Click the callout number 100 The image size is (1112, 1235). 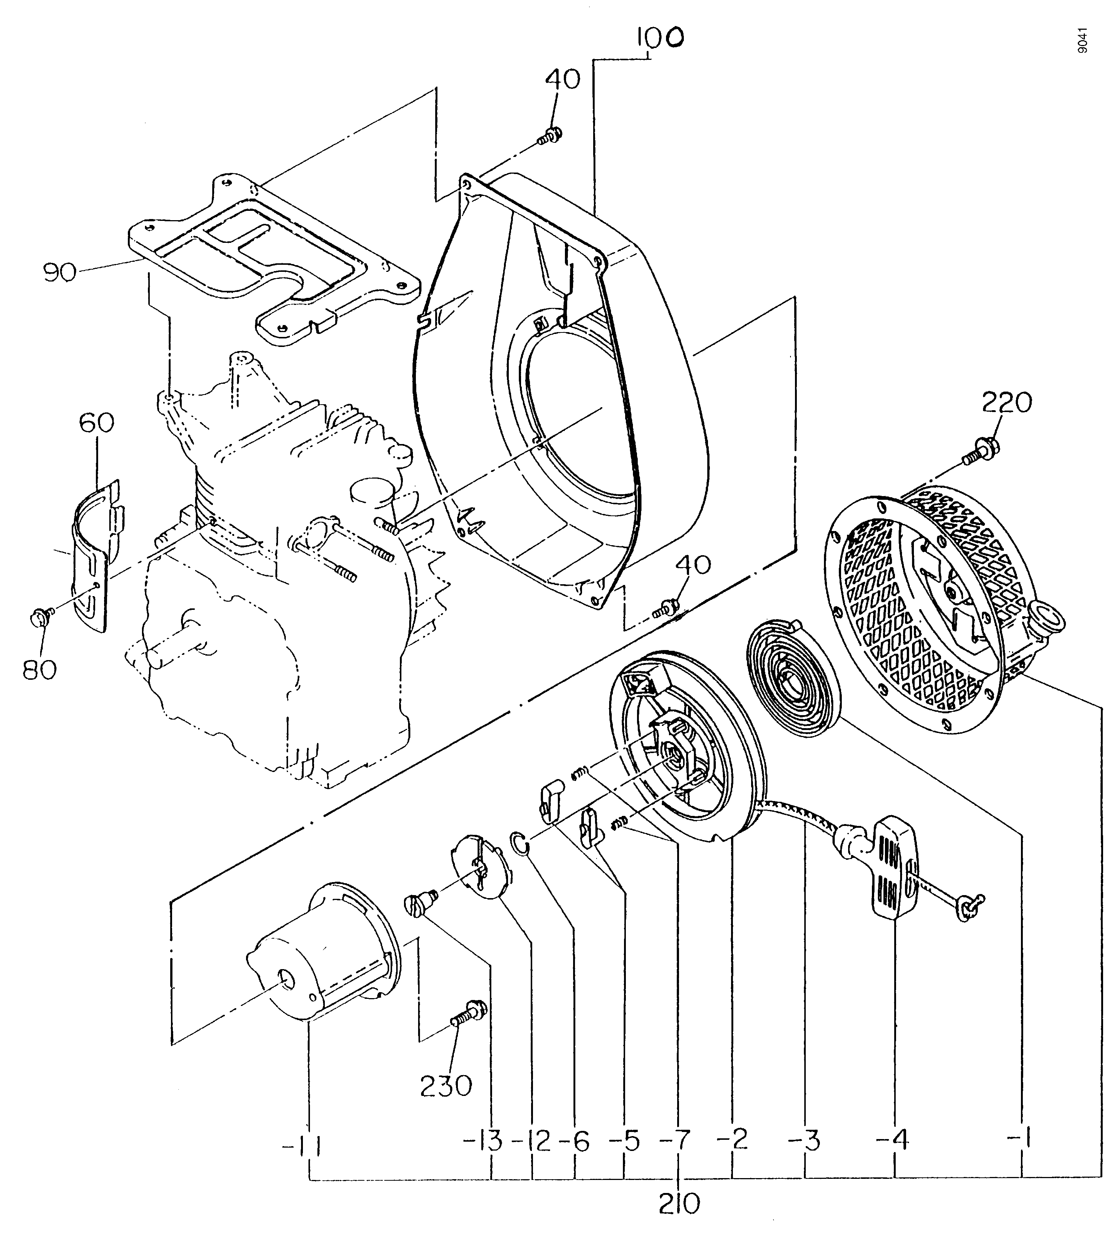tap(659, 38)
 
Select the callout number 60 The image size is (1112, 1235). tap(97, 422)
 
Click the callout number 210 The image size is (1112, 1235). tap(679, 1205)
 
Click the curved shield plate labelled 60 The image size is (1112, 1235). tap(98, 555)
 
